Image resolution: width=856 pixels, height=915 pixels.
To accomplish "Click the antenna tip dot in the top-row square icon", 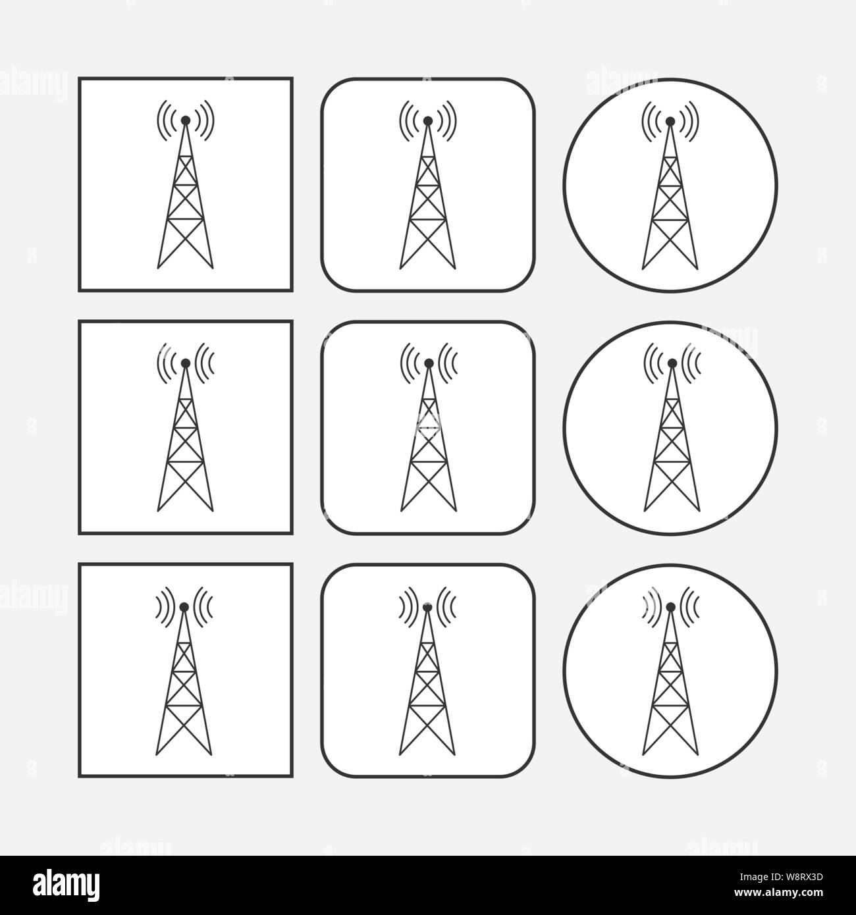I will (186, 120).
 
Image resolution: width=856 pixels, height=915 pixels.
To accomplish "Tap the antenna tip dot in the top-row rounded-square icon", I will (428, 120).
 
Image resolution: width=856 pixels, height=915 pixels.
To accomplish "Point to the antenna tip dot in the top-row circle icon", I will (670, 121).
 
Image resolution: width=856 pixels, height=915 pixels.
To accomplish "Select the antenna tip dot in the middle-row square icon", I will (186, 363).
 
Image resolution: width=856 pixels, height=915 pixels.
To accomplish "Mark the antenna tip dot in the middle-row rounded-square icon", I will (429, 363).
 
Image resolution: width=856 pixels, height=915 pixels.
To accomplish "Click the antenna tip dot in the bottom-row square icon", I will (184, 606).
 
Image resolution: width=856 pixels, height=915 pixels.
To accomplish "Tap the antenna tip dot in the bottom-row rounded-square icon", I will (427, 606).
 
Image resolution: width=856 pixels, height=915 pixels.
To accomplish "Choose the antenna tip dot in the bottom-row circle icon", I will (670, 606).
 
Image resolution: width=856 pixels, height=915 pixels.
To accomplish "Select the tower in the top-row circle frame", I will (670, 204).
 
